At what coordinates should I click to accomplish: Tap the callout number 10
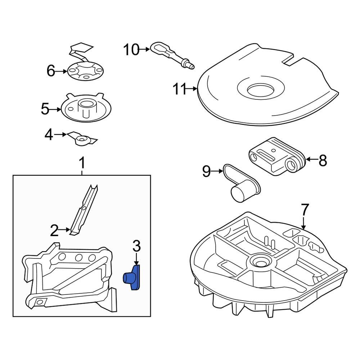[x=131, y=50]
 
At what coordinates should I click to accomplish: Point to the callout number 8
[x=323, y=161]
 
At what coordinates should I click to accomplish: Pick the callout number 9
[x=206, y=171]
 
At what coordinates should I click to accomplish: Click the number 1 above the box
[x=82, y=163]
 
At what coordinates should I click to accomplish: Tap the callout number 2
[x=54, y=230]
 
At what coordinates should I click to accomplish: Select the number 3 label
[x=136, y=247]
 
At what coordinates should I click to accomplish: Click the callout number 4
[x=49, y=135]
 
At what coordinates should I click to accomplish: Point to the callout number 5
[x=45, y=109]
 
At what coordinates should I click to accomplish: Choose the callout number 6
[x=51, y=71]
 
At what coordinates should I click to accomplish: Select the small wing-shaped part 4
[x=83, y=139]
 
